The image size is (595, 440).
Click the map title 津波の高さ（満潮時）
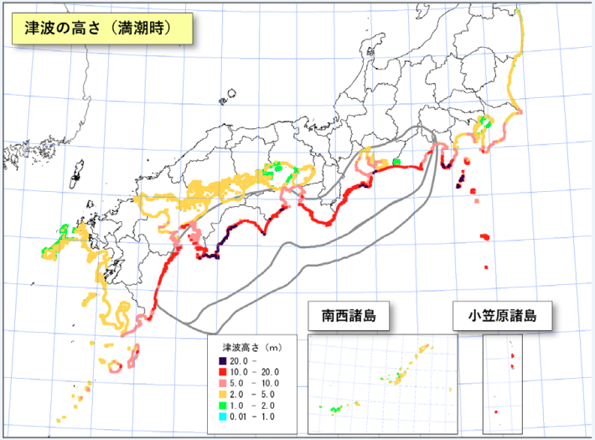coord(100,27)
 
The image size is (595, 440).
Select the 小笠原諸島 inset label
coord(501,317)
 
